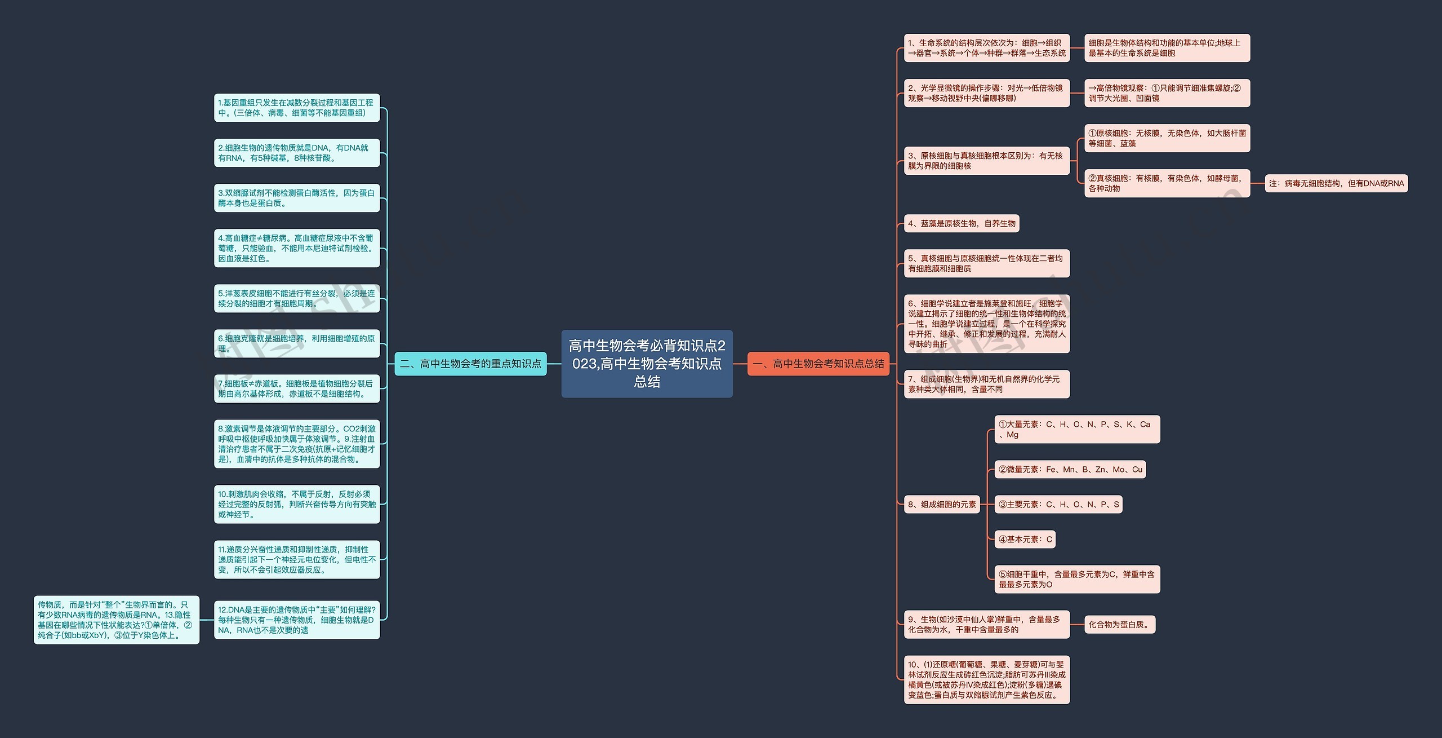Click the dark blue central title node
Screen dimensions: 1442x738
(x=647, y=364)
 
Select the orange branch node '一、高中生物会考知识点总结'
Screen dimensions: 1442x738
(x=818, y=364)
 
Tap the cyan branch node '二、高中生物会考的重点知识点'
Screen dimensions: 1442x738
(x=470, y=364)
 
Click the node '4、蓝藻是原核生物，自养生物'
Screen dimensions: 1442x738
(x=962, y=224)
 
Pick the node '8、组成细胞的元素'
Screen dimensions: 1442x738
(x=942, y=505)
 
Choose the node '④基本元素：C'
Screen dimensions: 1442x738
(x=1025, y=540)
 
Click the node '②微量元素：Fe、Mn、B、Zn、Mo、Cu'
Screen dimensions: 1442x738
(x=1070, y=470)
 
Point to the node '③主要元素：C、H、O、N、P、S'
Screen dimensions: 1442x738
(x=1058, y=505)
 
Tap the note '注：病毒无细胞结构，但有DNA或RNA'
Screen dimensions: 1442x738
(x=1336, y=183)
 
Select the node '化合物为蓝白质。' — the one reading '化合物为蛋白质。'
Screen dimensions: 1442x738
(x=1120, y=625)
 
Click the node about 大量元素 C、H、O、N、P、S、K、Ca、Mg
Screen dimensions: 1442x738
(x=1076, y=430)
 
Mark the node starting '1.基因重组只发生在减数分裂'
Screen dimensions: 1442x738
(x=297, y=108)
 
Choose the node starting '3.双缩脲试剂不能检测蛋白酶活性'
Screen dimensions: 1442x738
(x=297, y=198)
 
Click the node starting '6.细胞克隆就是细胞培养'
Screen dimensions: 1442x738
(x=297, y=343)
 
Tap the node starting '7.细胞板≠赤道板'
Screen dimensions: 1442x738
(x=297, y=388)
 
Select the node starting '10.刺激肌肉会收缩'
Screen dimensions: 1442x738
(x=297, y=504)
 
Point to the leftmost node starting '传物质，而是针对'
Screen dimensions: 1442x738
(x=117, y=620)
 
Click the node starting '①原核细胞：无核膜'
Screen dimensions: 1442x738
(x=1167, y=138)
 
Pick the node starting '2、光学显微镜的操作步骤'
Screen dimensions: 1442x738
(x=986, y=93)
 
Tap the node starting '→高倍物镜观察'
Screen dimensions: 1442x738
(x=1167, y=93)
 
